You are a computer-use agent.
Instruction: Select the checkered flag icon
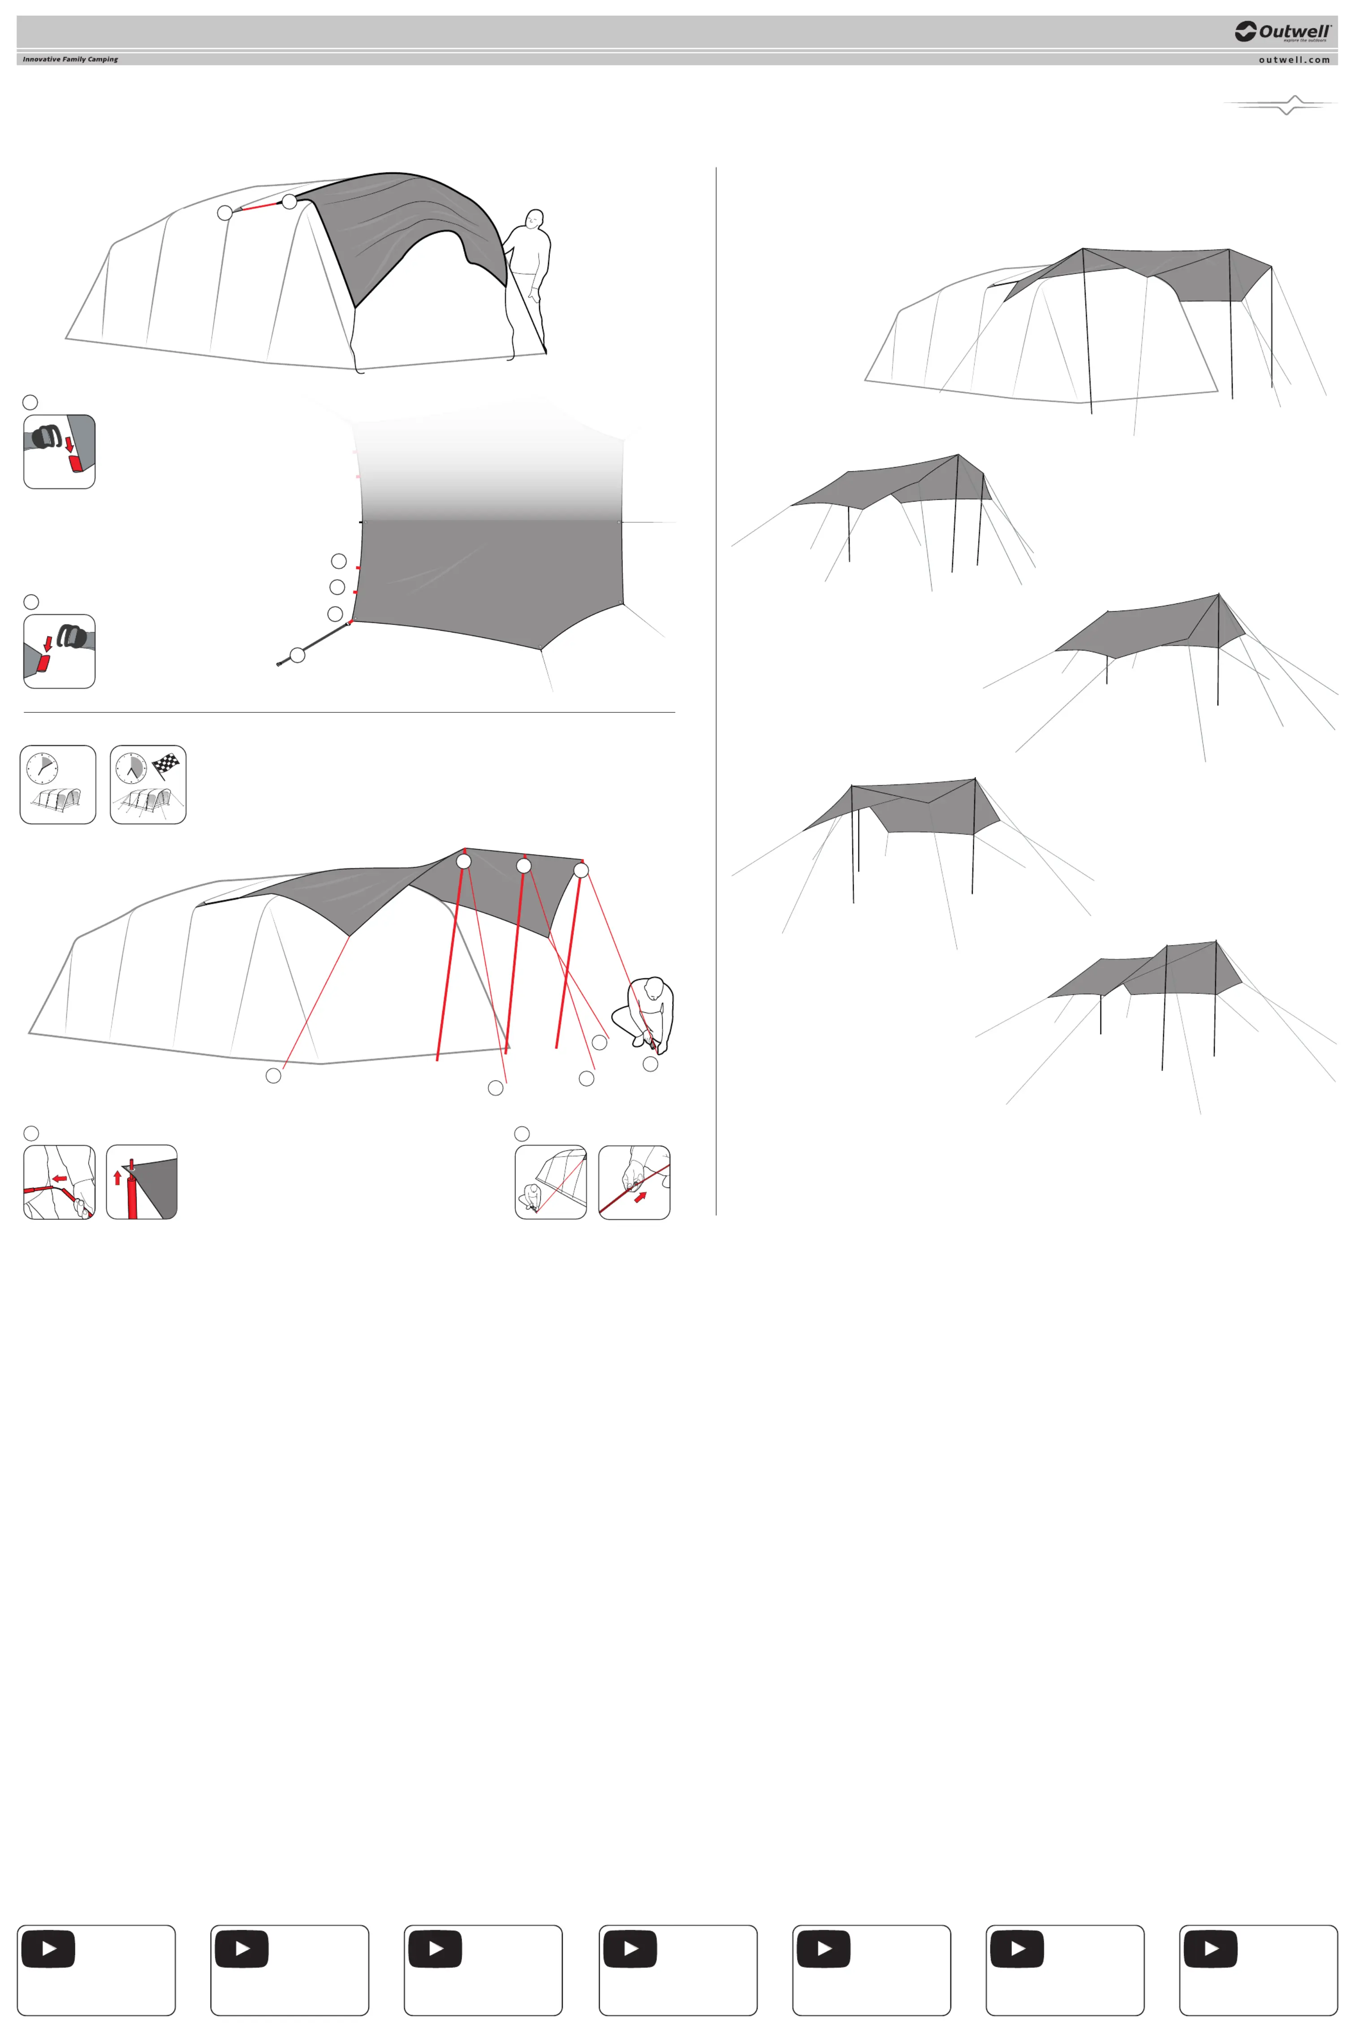tap(165, 765)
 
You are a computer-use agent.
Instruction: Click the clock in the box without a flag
tap(42, 767)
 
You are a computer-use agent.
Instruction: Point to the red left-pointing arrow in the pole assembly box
tap(59, 1178)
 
